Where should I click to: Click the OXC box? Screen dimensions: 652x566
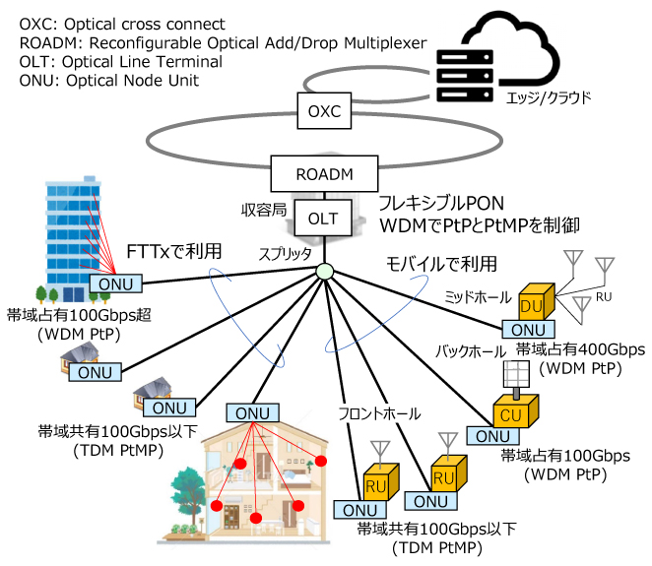coord(324,110)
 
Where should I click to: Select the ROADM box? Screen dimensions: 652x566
coord(324,173)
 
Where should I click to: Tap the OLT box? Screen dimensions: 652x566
coord(323,219)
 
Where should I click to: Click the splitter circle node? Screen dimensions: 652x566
coord(324,272)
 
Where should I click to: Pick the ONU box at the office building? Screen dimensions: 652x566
coord(115,284)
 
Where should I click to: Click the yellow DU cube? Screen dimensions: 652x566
coord(537,302)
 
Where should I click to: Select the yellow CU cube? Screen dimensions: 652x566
coord(516,411)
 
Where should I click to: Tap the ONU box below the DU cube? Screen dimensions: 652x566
coord(528,330)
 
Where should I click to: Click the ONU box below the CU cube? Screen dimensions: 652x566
coord(492,436)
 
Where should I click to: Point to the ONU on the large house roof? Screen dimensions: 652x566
coord(252,413)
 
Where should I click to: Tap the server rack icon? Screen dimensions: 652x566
coord(465,76)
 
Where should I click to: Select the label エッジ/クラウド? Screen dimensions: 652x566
coord(549,98)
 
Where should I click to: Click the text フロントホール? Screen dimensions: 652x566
coord(379,413)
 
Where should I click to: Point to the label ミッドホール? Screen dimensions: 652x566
coord(478,297)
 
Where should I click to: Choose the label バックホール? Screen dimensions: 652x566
coord(471,351)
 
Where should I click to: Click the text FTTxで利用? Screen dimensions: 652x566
coord(173,251)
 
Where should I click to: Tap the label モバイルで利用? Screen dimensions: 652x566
coord(441,264)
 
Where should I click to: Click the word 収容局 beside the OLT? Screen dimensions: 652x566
coord(264,211)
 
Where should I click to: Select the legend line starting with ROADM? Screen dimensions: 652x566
coord(223,42)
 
